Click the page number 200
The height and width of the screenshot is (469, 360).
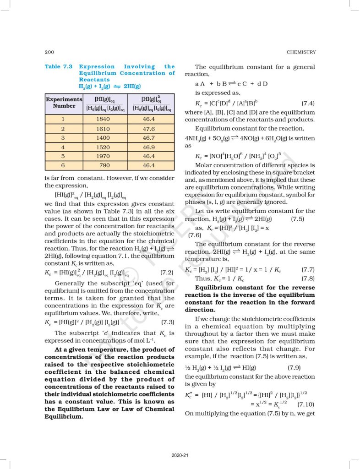click(49, 52)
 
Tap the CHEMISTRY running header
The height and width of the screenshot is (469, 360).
click(300, 52)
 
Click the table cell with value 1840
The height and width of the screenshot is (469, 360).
click(104, 118)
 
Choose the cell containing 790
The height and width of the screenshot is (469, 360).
click(104, 165)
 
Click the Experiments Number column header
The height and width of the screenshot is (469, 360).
click(64, 102)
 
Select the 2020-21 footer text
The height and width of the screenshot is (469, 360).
click(180, 455)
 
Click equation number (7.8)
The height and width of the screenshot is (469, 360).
click(305, 278)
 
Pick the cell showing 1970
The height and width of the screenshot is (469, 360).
click(104, 156)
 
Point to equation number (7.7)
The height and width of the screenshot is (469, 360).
click(305, 269)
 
